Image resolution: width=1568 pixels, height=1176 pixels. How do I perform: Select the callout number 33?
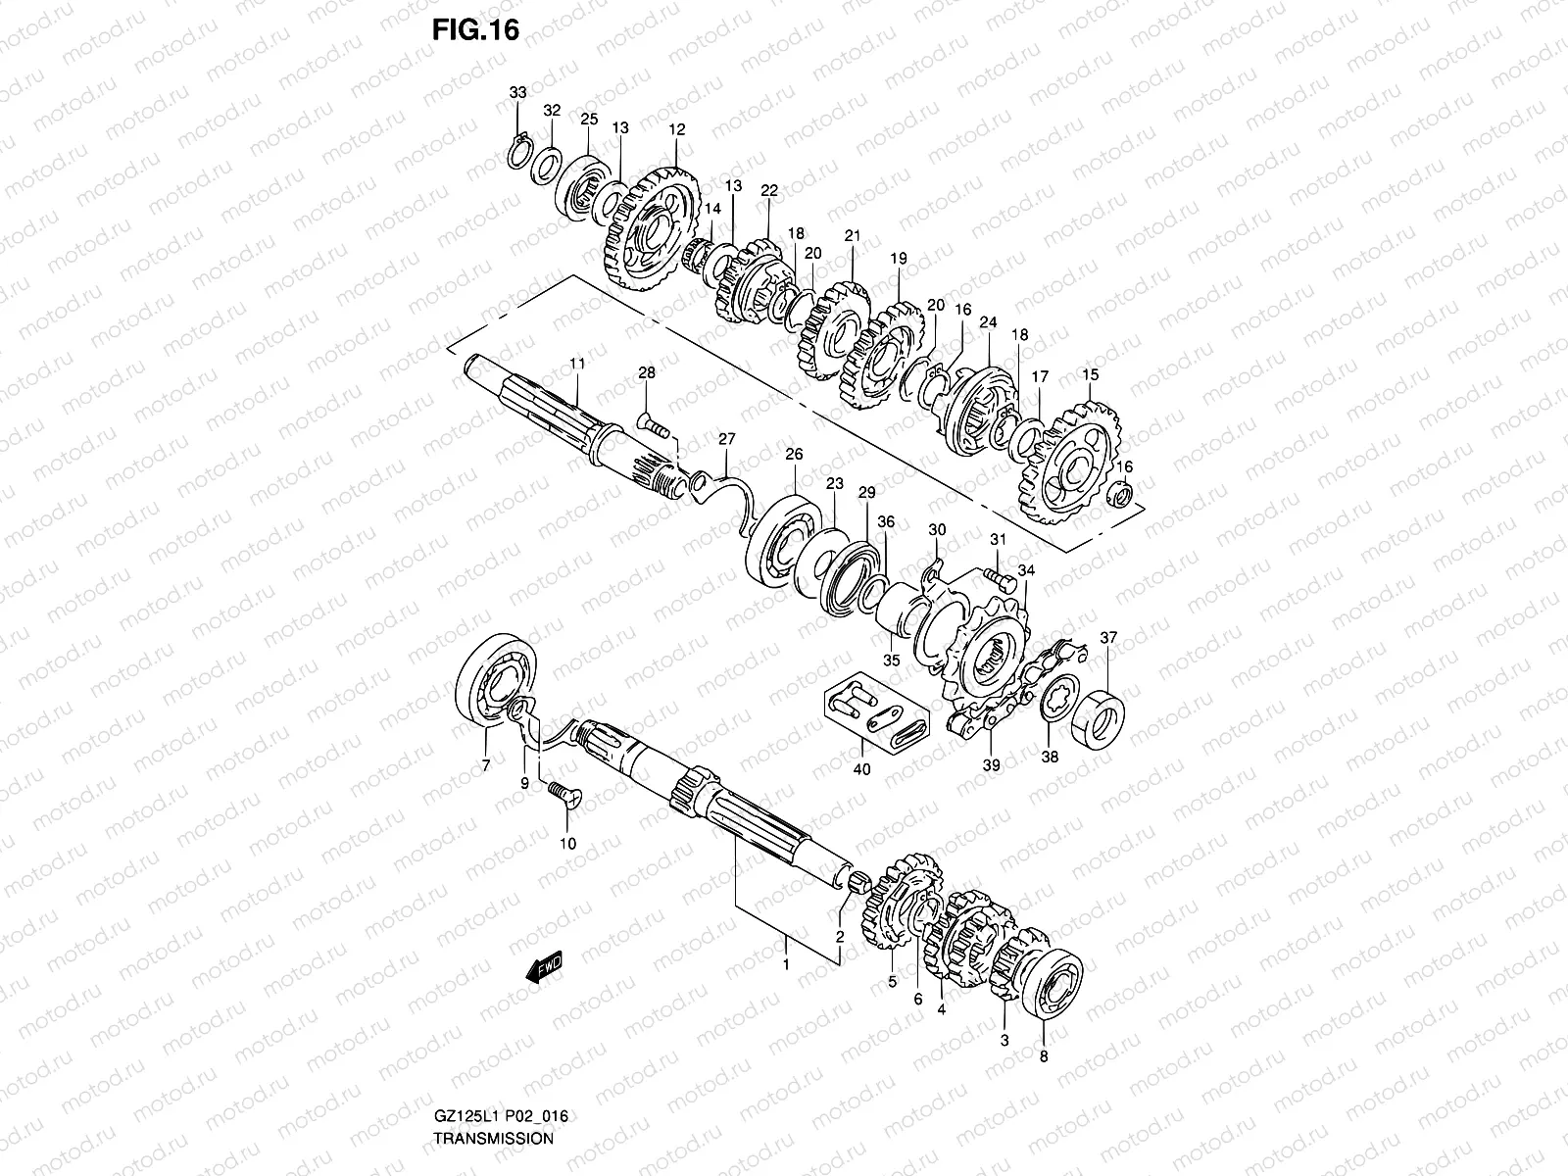[x=517, y=92]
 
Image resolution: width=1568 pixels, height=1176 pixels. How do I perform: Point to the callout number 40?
[x=861, y=768]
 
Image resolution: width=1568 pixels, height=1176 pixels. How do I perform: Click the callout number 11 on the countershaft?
[x=577, y=365]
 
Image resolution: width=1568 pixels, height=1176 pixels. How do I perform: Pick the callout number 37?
[x=1108, y=638]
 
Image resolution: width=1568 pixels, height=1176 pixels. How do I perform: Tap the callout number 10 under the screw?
[x=568, y=844]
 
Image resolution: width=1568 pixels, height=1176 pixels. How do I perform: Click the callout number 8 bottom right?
[x=1043, y=1057]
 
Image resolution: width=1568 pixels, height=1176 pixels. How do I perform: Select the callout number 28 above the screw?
[x=646, y=372]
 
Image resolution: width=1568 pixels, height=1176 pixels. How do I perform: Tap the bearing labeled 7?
[x=498, y=681]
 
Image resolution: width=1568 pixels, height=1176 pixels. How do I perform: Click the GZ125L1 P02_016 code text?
[x=500, y=1116]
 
